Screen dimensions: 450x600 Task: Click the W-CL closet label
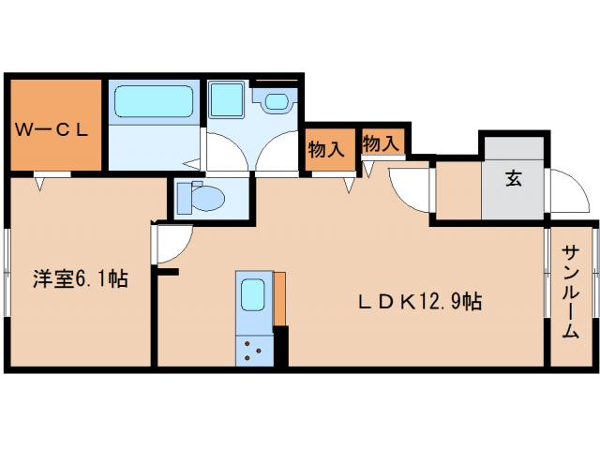click(x=52, y=130)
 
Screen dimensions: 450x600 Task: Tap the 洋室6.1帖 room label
click(x=81, y=278)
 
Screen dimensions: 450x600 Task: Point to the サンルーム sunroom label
click(x=570, y=292)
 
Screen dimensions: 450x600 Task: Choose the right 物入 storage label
click(x=382, y=143)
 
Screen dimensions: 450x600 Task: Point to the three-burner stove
click(x=254, y=352)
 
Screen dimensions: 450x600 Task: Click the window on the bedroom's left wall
click(x=7, y=277)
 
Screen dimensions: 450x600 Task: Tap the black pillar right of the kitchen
click(x=281, y=347)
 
